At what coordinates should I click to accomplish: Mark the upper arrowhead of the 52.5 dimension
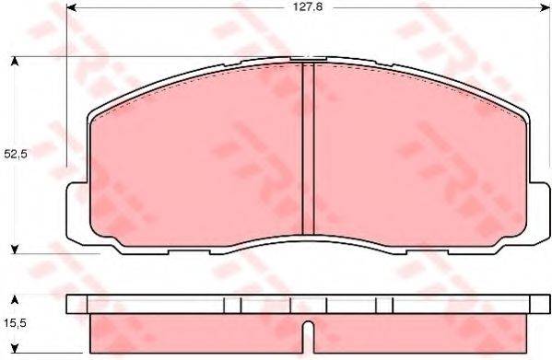(15, 62)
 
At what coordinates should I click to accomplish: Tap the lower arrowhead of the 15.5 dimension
(15, 351)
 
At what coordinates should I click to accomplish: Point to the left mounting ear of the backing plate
(79, 212)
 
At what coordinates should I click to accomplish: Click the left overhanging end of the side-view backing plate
(78, 305)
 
